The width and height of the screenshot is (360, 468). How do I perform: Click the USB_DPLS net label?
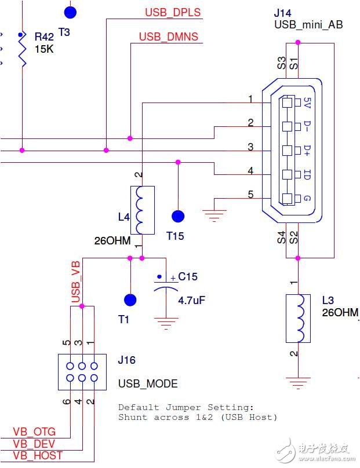click(173, 12)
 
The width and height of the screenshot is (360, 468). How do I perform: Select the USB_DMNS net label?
click(168, 37)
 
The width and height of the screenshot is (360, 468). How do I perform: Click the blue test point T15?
click(178, 216)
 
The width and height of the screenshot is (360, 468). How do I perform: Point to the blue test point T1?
click(130, 299)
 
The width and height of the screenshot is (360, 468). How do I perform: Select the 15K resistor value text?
click(44, 50)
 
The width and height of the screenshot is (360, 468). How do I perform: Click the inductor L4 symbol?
click(144, 210)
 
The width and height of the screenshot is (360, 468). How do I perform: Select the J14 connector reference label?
click(283, 13)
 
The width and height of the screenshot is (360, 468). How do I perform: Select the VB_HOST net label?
click(38, 456)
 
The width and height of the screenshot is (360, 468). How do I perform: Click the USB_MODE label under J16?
click(148, 384)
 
